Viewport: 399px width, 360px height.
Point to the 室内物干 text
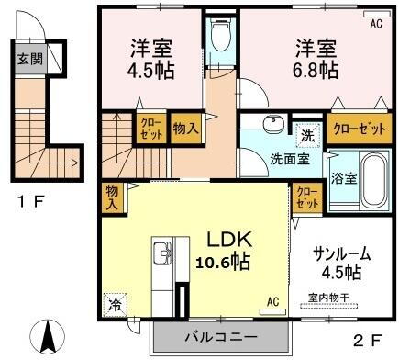[327, 298]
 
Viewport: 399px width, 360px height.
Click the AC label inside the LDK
[272, 300]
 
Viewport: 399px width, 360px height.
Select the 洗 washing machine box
[310, 134]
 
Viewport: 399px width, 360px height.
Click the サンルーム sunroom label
[329, 253]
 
